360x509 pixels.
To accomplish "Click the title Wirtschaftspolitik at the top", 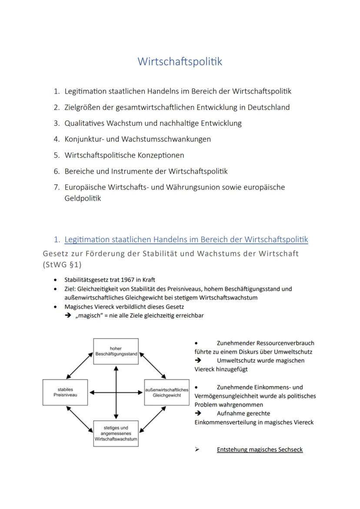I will pyautogui.click(x=180, y=62).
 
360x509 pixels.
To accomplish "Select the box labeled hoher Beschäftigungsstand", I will pyautogui.click(x=116, y=351).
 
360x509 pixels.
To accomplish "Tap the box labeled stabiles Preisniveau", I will pyautogui.click(x=65, y=393).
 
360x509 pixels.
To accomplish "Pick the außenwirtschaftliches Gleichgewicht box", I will pyautogui.click(x=167, y=393).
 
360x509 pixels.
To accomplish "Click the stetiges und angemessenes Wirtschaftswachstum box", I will pyautogui.click(x=116, y=433).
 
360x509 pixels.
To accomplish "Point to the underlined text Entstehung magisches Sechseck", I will pyautogui.click(x=260, y=449).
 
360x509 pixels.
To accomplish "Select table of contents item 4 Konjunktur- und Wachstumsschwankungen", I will pyautogui.click(x=137, y=139).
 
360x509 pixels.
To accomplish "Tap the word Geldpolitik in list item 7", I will pyautogui.click(x=83, y=198).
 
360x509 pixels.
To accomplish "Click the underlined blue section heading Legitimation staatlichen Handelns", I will pyautogui.click(x=186, y=240).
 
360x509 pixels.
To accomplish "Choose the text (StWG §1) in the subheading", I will pyautogui.click(x=62, y=265).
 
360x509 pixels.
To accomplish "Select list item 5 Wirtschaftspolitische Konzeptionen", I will pyautogui.click(x=124, y=155).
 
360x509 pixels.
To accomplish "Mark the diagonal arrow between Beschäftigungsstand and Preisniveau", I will pyautogui.click(x=80, y=366).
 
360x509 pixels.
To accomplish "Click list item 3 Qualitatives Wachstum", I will pyautogui.click(x=153, y=123).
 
